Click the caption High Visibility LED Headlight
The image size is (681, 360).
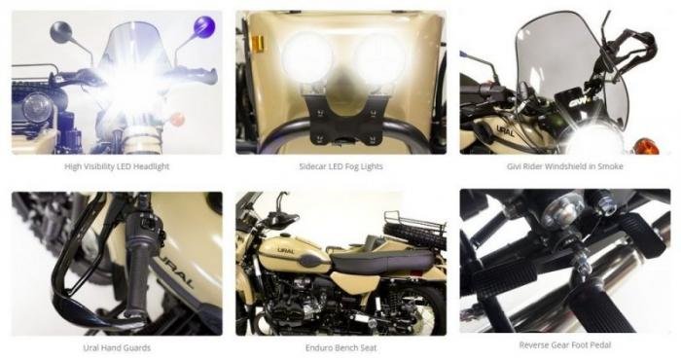117,166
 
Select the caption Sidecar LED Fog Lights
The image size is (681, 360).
340,166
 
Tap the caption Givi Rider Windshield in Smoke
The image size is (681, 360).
564,166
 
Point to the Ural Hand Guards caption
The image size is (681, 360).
117,348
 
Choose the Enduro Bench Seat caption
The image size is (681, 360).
340,348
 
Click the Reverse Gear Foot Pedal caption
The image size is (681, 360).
565,345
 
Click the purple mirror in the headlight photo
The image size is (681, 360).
203,26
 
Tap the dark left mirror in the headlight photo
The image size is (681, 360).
60,32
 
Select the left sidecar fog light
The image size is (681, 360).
307,58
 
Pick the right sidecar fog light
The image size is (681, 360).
378,58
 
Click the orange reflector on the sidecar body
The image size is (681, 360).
257,45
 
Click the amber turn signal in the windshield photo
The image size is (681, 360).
645,146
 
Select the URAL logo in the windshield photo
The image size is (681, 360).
506,130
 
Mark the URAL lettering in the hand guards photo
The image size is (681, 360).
179,270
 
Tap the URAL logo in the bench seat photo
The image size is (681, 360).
285,251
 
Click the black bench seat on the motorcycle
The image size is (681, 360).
382,261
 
